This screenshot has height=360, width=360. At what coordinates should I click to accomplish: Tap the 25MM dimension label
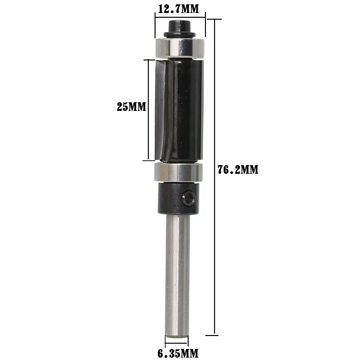(131, 107)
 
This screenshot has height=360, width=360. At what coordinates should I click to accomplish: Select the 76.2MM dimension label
(238, 170)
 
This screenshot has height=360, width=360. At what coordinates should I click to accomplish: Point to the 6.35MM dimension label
(178, 354)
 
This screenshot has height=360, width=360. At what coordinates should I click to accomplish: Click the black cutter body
(185, 108)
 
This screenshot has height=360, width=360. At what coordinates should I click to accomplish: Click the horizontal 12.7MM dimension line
(180, 18)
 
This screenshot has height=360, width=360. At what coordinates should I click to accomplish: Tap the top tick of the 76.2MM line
(214, 20)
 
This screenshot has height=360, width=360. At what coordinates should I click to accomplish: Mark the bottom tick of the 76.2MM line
(214, 335)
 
